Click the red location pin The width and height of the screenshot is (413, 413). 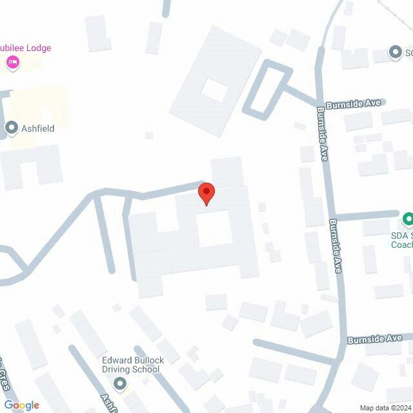206,194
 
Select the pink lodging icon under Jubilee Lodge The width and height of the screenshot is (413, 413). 12,62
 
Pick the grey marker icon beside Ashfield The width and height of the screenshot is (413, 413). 11,128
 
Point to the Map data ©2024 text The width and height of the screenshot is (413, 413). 385,407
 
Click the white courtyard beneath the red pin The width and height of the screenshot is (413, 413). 214,228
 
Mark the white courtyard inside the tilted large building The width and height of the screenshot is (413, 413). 214,90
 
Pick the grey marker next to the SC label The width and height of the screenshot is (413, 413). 396,52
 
